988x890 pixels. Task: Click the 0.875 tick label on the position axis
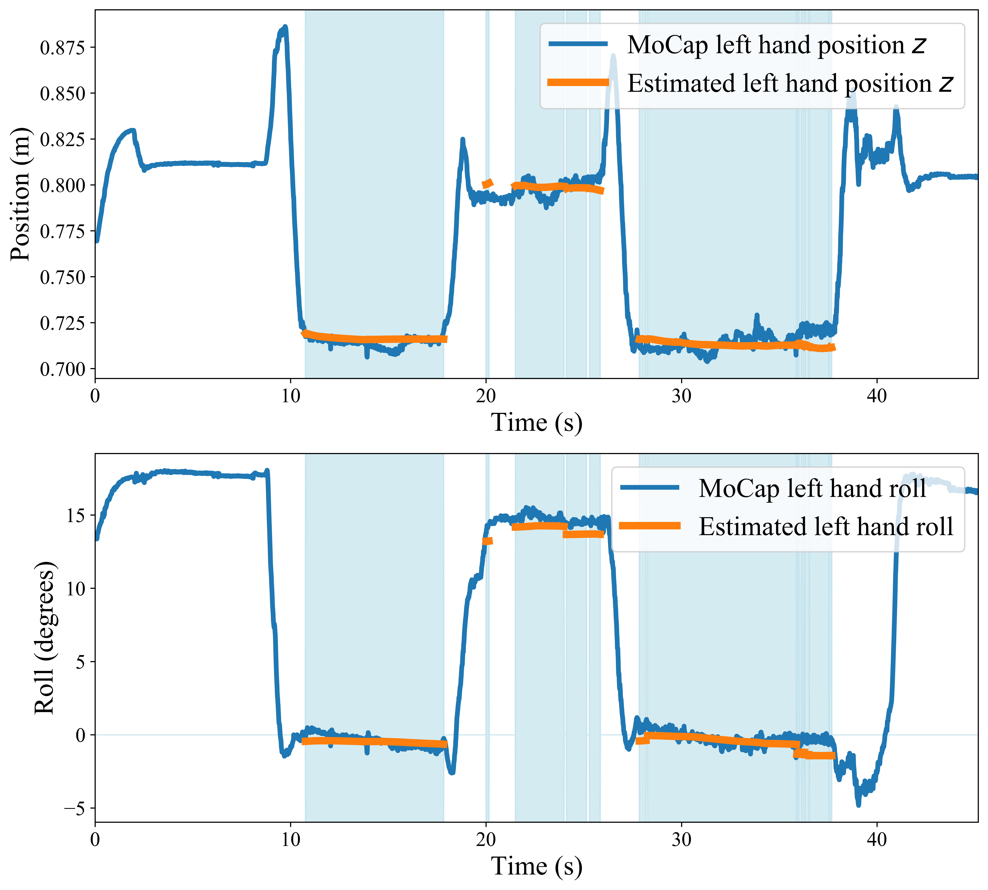pyautogui.click(x=62, y=48)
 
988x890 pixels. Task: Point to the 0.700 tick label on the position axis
pyautogui.click(x=62, y=369)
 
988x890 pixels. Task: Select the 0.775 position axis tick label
pyautogui.click(x=62, y=231)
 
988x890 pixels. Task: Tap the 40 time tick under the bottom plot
pyautogui.click(x=877, y=839)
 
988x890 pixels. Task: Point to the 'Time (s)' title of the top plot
pyautogui.click(x=537, y=422)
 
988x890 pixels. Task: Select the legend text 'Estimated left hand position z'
pyautogui.click(x=790, y=83)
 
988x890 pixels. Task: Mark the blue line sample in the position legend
pyautogui.click(x=578, y=44)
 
